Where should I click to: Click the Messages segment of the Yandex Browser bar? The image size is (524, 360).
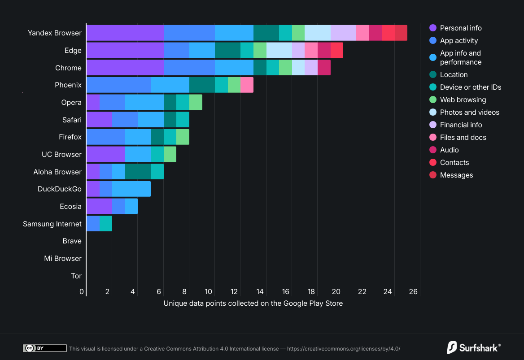pyautogui.click(x=401, y=33)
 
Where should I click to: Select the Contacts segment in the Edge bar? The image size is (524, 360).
pyautogui.click(x=336, y=50)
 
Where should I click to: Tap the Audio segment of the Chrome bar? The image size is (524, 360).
pyautogui.click(x=324, y=68)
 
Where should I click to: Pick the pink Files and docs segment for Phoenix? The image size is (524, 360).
pyautogui.click(x=247, y=85)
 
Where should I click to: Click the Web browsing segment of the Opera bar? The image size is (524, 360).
pyautogui.click(x=196, y=102)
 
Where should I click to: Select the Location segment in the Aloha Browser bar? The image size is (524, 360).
pyautogui.click(x=138, y=172)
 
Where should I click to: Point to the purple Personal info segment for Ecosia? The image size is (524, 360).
pyautogui.click(x=99, y=206)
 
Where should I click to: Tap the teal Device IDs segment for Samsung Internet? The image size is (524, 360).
pyautogui.click(x=105, y=224)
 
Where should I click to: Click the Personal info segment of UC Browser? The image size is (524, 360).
pyautogui.click(x=105, y=154)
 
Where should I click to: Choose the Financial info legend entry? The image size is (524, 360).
pyautogui.click(x=460, y=125)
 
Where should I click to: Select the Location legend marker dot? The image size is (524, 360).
pyautogui.click(x=433, y=75)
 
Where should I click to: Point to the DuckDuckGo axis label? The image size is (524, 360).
pyautogui.click(x=60, y=189)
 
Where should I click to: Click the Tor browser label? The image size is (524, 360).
pyautogui.click(x=76, y=276)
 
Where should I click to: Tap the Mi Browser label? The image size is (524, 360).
pyautogui.click(x=63, y=258)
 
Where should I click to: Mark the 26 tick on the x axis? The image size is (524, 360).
pyautogui.click(x=413, y=292)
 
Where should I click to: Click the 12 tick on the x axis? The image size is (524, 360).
pyautogui.click(x=234, y=292)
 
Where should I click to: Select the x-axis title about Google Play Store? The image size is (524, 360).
pyautogui.click(x=253, y=304)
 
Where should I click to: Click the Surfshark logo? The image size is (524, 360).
pyautogui.click(x=473, y=347)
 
